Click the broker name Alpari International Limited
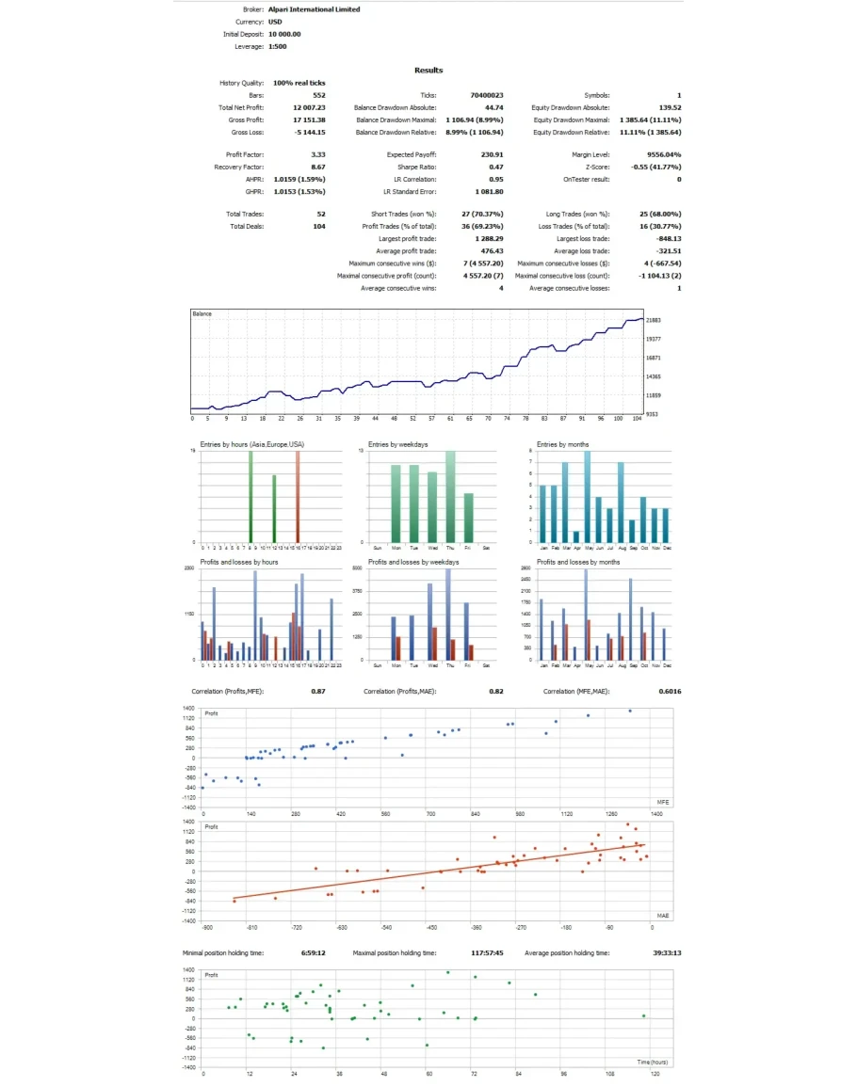(x=314, y=9)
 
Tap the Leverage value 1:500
(x=278, y=46)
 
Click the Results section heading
(x=428, y=71)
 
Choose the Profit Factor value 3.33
(x=318, y=154)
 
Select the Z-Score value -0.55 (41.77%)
(x=656, y=167)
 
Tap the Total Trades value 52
(x=321, y=215)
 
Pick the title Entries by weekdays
(x=396, y=444)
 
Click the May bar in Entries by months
(x=587, y=497)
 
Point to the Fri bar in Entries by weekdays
(x=468, y=518)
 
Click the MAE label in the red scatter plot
(x=663, y=915)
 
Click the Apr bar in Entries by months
(x=575, y=537)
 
